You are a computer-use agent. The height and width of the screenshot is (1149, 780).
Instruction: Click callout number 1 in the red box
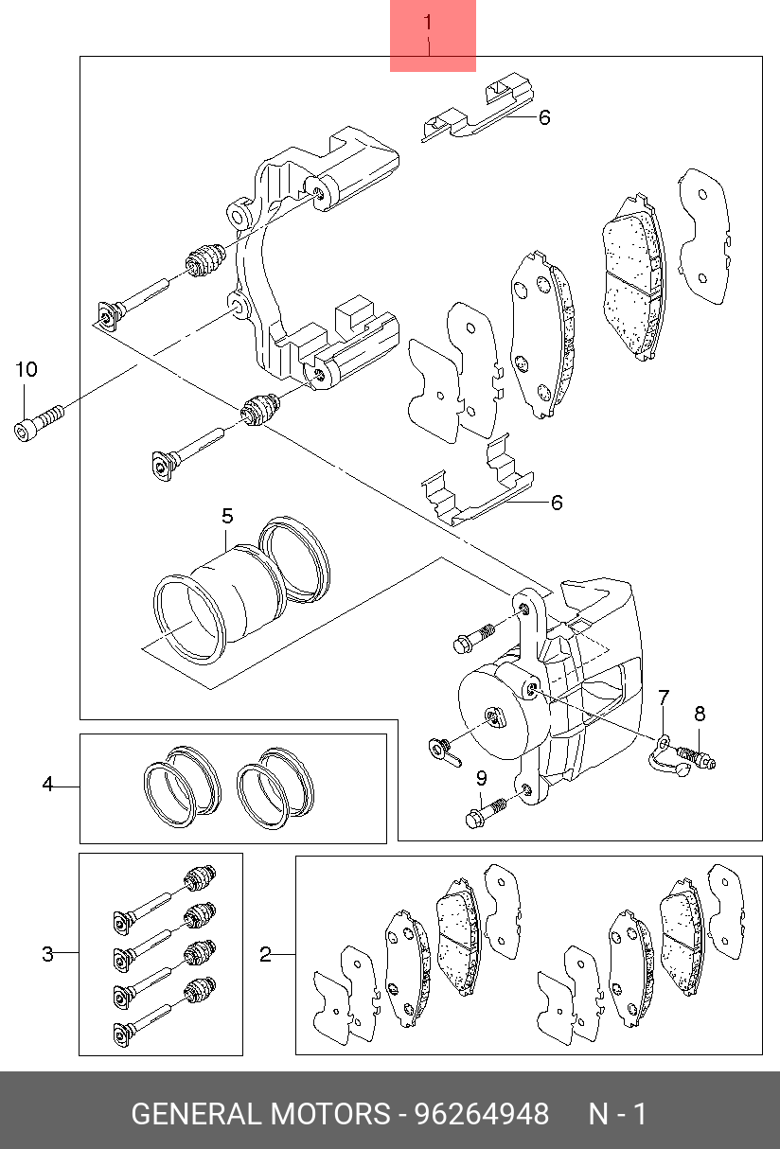(x=428, y=22)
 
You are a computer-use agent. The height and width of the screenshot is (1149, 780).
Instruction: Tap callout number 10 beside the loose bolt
(x=26, y=369)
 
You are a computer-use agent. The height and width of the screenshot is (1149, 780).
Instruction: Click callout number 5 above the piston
(x=227, y=516)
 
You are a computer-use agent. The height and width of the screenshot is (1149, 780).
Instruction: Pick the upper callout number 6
(x=544, y=118)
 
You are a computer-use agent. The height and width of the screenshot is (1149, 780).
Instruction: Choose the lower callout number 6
(x=557, y=503)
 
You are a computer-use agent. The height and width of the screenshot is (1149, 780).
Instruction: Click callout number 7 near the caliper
(x=664, y=698)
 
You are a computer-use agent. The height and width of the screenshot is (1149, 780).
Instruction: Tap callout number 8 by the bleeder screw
(x=700, y=714)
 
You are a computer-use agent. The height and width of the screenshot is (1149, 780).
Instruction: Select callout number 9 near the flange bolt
(x=481, y=778)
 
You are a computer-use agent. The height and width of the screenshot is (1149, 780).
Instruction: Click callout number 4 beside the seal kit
(x=47, y=784)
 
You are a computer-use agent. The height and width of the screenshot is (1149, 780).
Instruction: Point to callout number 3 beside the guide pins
(x=47, y=954)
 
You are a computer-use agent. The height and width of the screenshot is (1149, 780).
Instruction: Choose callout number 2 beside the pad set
(x=265, y=955)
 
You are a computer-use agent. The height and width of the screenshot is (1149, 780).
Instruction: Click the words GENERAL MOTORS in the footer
(x=259, y=1114)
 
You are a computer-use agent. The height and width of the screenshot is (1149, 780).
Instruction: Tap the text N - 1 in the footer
(x=617, y=1114)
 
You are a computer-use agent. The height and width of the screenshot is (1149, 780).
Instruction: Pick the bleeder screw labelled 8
(x=697, y=757)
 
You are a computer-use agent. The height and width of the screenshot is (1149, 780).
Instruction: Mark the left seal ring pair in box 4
(x=180, y=784)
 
